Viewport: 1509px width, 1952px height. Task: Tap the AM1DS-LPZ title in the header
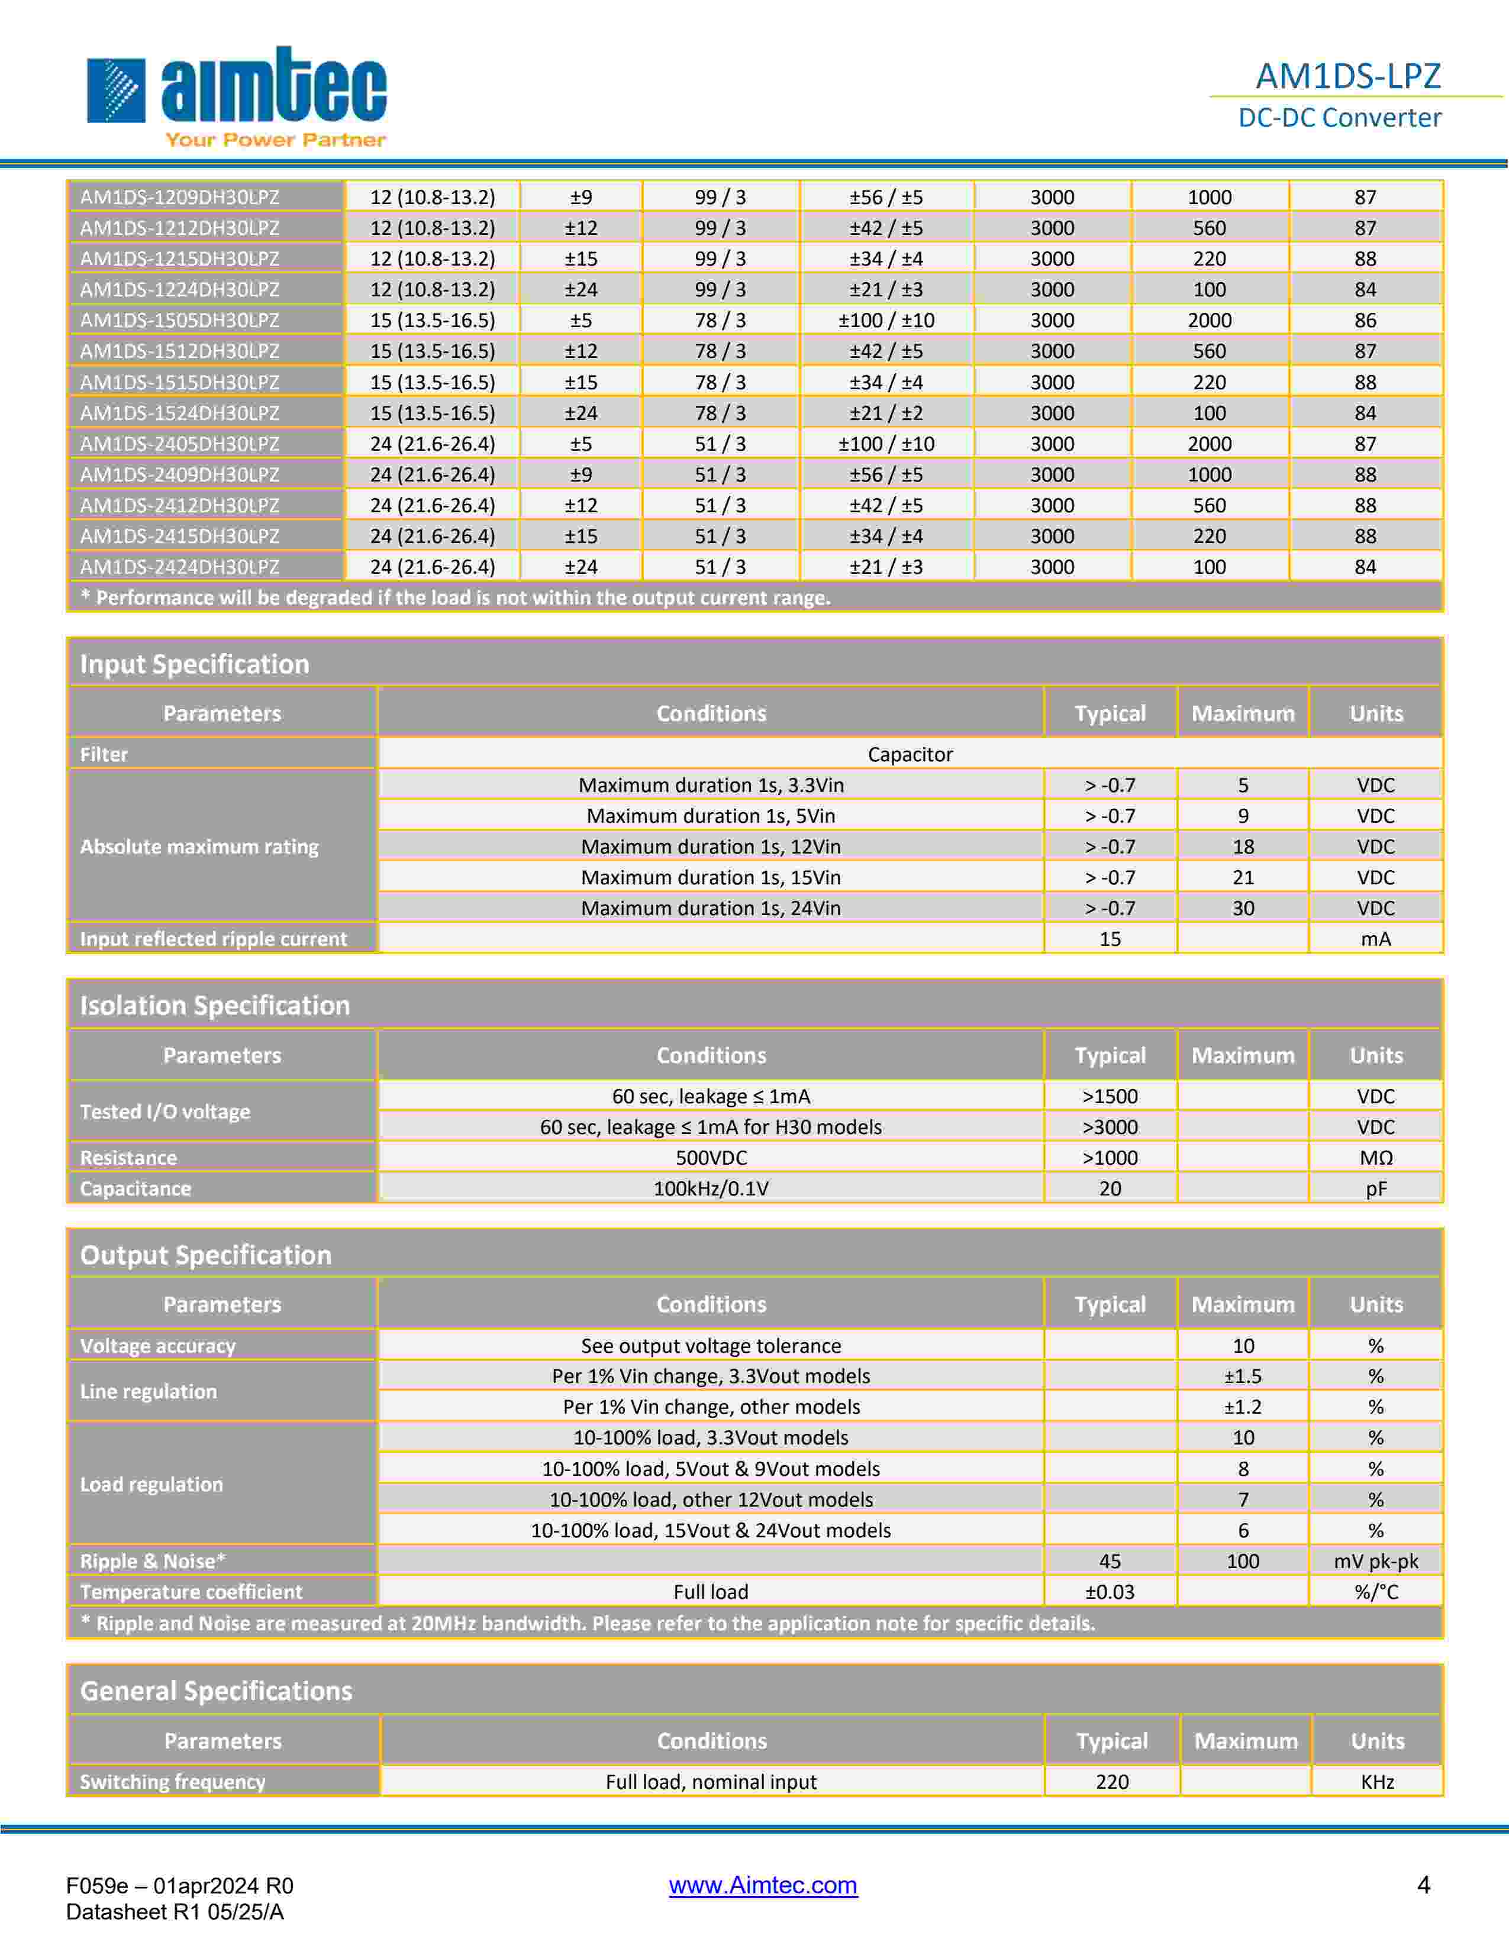click(1347, 76)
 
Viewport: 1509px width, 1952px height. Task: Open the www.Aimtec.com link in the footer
click(763, 1885)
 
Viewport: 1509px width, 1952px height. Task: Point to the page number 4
click(1424, 1885)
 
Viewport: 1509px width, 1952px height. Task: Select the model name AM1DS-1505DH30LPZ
click(180, 320)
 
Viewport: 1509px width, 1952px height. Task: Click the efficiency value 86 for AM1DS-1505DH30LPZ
click(1365, 320)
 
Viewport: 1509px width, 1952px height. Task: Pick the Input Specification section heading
click(195, 664)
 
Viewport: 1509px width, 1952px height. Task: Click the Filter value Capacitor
click(910, 754)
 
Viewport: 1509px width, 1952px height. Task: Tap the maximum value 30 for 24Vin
click(1243, 908)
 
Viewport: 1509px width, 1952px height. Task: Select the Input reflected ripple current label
click(214, 939)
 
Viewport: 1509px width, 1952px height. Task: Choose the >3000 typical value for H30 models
click(1110, 1127)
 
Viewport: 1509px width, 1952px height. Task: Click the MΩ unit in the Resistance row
click(1376, 1158)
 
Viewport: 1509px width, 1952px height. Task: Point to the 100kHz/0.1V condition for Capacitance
click(711, 1189)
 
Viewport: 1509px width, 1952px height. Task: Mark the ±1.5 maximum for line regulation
click(1243, 1376)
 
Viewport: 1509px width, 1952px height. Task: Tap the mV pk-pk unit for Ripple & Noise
click(1376, 1562)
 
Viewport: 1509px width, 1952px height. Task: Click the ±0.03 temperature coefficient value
click(1110, 1592)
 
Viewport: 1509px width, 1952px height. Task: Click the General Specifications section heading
click(217, 1691)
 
